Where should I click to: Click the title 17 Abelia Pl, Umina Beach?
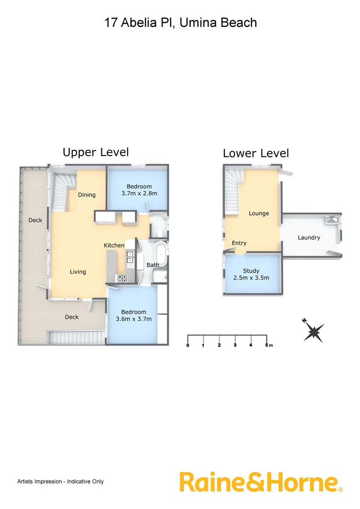pos(180,22)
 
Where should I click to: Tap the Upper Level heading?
pos(96,152)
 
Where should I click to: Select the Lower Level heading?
pos(255,153)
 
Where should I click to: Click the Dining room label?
pos(87,195)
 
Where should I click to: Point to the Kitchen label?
pos(114,245)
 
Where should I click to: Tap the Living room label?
pos(78,271)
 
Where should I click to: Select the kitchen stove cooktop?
pos(122,279)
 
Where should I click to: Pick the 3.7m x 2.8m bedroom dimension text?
pos(139,193)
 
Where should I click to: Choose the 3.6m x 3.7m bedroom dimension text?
pos(134,319)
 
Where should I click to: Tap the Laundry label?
pos(309,238)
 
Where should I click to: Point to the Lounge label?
pos(259,213)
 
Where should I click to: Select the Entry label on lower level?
pos(239,243)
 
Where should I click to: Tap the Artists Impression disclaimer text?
pos(60,481)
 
